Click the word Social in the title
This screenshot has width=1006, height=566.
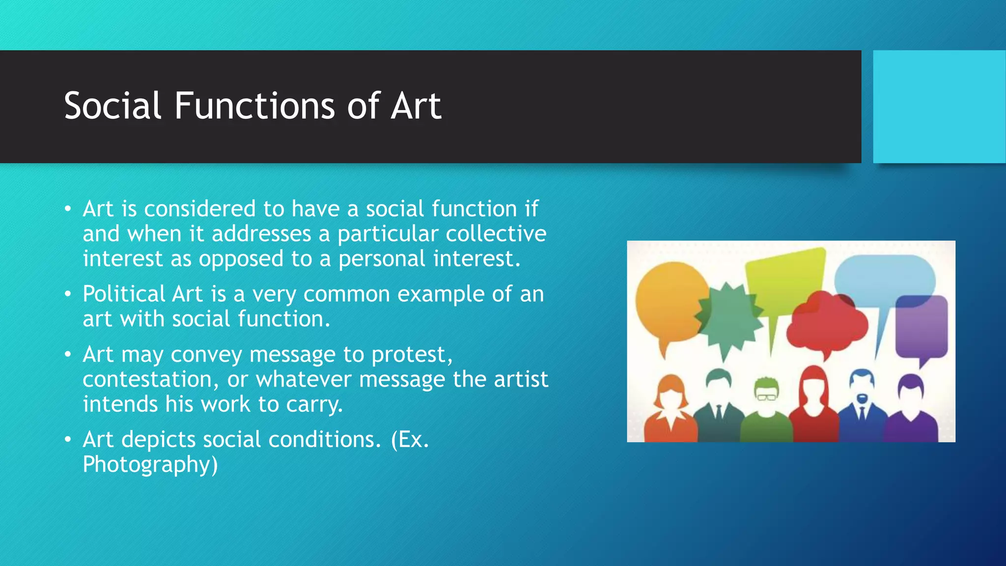point(112,106)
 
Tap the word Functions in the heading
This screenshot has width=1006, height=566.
point(255,106)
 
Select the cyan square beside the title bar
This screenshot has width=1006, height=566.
point(939,107)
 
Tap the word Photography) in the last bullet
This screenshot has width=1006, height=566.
point(150,464)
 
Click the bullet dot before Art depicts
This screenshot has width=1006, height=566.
point(68,439)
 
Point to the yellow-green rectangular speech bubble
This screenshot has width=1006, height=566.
point(784,278)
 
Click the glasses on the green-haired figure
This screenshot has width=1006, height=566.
point(766,396)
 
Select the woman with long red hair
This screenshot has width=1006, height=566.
point(814,403)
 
